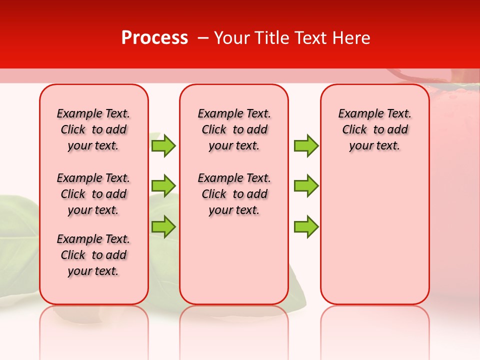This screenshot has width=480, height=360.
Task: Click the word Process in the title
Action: click(x=154, y=37)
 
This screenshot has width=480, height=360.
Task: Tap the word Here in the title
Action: click(x=351, y=37)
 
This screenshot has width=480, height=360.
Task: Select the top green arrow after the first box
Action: click(x=163, y=145)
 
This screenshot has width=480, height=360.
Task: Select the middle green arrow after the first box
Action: click(x=163, y=185)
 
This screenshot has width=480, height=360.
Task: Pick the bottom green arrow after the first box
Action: click(x=163, y=226)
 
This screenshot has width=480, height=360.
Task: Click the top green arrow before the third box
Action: click(x=306, y=145)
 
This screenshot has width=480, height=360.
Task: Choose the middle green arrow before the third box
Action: click(x=306, y=185)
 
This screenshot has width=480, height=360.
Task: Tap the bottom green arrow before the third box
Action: click(x=306, y=226)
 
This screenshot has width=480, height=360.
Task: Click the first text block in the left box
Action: click(x=93, y=129)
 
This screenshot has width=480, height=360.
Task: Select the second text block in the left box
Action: click(x=93, y=194)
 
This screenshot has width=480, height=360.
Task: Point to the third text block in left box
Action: click(x=93, y=255)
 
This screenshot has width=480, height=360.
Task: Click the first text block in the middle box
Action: click(x=234, y=129)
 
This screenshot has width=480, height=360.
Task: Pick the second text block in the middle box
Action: click(x=234, y=194)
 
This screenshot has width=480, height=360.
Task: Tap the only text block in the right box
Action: click(x=375, y=129)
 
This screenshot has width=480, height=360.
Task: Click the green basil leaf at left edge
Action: click(x=17, y=225)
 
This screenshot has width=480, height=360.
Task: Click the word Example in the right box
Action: click(x=356, y=114)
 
